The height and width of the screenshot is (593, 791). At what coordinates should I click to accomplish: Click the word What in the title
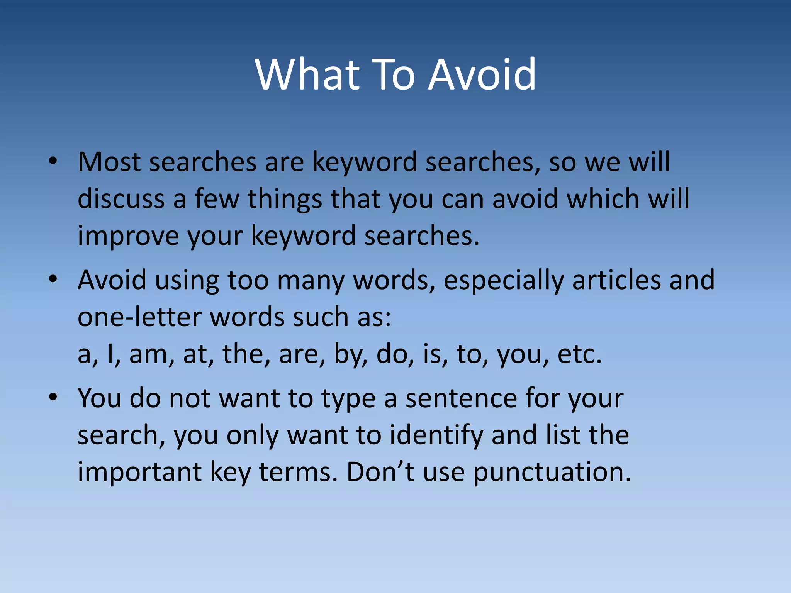coord(307,74)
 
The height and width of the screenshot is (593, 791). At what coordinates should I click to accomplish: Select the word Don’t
coord(380,472)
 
